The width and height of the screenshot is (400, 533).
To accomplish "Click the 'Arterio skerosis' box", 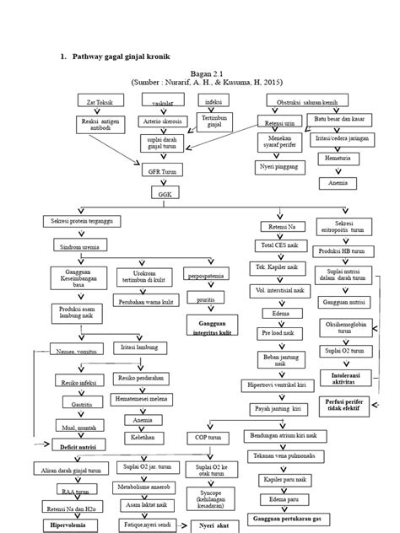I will point(157,121).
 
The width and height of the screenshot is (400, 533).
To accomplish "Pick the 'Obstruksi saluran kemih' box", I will point(305,101).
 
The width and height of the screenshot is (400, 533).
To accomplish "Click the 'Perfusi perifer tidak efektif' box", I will point(344,407).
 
